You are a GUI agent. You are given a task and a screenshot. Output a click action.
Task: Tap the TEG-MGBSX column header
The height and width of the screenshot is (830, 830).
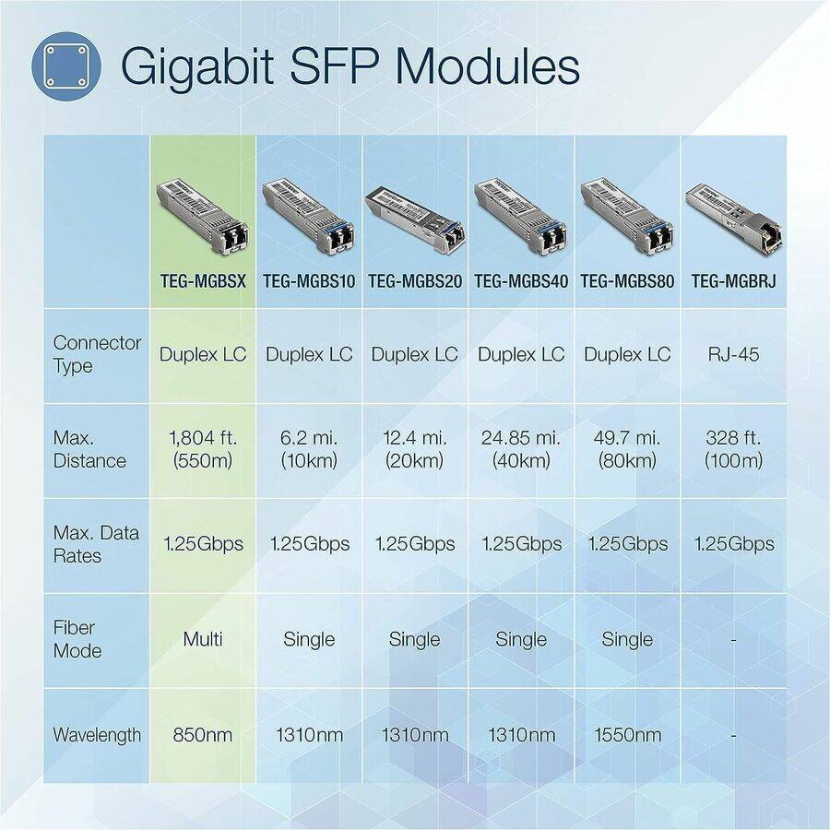tap(202, 281)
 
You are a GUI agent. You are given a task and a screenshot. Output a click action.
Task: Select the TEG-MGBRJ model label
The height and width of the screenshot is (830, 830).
tap(733, 281)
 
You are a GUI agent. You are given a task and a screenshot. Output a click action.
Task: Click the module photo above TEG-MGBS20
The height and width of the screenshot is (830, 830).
tap(414, 219)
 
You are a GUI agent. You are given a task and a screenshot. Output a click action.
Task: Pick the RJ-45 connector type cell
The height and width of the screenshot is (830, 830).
tap(735, 354)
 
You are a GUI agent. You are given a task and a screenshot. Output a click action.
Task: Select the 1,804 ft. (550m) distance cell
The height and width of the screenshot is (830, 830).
tap(202, 448)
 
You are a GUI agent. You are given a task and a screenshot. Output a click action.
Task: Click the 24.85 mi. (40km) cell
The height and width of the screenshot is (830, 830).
tap(521, 448)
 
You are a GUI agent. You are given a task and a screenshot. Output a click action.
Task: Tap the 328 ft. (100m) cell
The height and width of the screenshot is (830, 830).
tap(734, 448)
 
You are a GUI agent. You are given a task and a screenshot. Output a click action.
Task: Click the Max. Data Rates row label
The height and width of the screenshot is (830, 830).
tap(96, 544)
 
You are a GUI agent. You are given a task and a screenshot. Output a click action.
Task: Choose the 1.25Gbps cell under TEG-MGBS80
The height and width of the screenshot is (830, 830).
tap(628, 544)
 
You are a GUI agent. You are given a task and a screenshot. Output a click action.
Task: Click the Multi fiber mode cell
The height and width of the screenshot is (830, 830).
tap(202, 639)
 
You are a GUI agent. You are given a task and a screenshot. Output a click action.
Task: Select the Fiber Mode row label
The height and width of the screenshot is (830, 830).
tap(77, 639)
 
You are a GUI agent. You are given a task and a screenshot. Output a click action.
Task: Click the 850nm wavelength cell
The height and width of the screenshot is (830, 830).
tap(202, 735)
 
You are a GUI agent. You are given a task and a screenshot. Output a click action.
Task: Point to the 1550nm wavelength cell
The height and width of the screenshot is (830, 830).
tap(628, 735)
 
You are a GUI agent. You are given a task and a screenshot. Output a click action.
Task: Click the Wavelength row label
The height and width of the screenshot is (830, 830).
tap(97, 735)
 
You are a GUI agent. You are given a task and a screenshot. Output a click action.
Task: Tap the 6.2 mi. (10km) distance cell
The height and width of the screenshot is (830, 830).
tap(309, 448)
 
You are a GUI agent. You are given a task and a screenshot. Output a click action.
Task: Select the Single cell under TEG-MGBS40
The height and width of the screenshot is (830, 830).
tap(521, 639)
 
